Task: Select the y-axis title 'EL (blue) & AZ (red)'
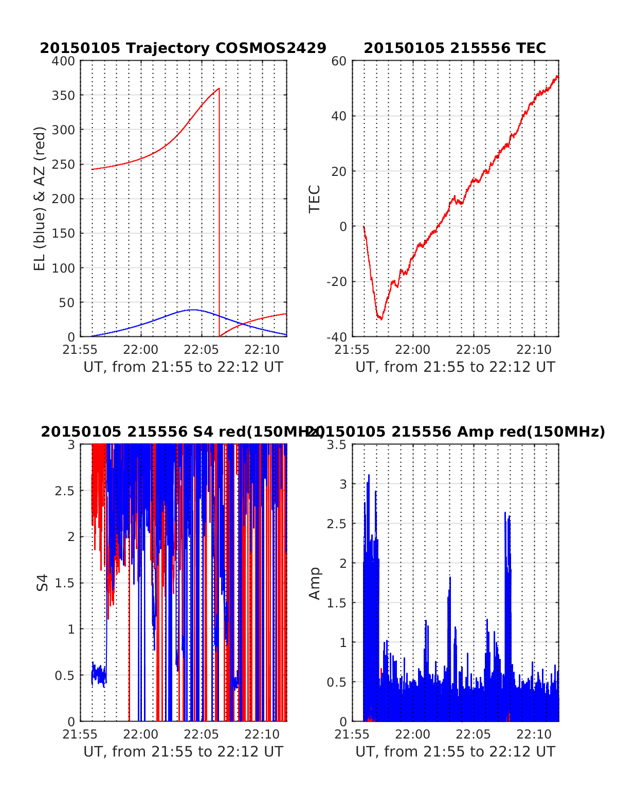pos(40,199)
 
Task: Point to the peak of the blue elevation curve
pos(192,310)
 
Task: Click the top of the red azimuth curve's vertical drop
pos(219,88)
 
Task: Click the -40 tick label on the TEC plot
pos(337,337)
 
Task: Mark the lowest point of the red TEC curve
pos(381,319)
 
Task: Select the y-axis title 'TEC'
pos(314,199)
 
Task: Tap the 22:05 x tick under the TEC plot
pos(473,350)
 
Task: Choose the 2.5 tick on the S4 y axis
pos(65,491)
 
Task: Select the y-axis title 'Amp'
pos(314,583)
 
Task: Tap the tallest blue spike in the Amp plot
pos(369,476)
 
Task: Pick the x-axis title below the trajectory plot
pos(183,367)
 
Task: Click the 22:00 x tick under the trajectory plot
pos(141,350)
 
